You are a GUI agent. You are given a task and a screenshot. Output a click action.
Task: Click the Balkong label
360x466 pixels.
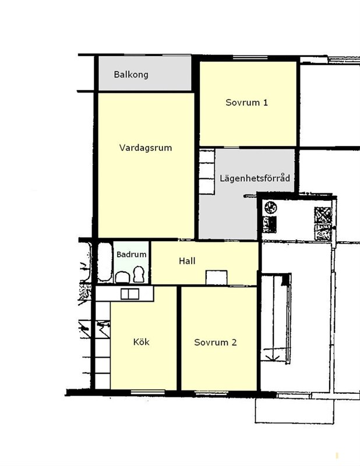131,75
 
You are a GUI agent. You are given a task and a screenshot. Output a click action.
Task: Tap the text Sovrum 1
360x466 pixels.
247,103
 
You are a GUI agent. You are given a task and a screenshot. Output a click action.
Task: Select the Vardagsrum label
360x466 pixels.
146,148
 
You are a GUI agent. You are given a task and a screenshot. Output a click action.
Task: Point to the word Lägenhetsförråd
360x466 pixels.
255,178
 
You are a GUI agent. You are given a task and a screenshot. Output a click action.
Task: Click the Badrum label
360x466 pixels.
132,255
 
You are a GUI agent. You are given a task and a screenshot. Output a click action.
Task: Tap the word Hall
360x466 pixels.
187,261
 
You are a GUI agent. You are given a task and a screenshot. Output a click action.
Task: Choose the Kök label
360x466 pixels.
141,342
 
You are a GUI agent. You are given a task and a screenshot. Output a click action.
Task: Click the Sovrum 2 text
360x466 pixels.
216,343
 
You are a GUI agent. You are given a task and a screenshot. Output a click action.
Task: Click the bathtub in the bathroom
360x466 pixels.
105,262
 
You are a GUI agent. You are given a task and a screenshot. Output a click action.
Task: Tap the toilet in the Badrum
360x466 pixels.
139,274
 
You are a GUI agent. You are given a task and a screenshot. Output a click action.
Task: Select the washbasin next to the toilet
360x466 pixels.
122,277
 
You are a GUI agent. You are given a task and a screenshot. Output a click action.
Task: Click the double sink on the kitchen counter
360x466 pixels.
130,294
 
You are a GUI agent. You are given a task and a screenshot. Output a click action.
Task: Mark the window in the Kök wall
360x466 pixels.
148,393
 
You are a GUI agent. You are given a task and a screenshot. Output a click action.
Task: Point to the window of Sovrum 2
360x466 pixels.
211,394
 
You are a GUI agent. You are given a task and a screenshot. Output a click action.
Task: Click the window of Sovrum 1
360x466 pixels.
250,58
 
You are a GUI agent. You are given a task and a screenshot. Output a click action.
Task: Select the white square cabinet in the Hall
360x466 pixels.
217,278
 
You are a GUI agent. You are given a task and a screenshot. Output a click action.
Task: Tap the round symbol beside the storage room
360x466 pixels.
270,207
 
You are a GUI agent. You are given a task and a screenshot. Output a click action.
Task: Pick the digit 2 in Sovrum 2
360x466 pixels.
234,343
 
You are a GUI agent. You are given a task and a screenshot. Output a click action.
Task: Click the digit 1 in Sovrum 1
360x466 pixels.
265,103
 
